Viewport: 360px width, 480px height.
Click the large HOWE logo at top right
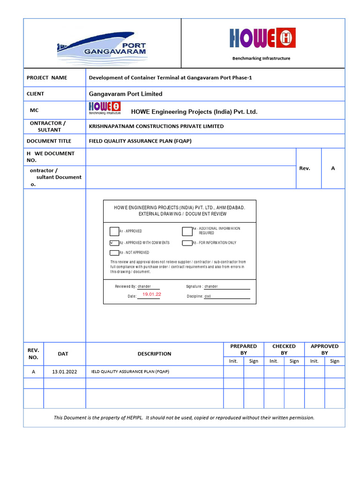point(262,38)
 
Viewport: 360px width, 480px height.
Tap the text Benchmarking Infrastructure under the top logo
point(262,59)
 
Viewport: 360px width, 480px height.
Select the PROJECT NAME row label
point(47,78)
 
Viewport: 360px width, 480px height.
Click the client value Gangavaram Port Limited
point(126,94)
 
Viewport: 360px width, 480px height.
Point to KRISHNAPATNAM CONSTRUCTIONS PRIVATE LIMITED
point(156,127)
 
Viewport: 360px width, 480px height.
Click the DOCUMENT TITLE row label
point(49,141)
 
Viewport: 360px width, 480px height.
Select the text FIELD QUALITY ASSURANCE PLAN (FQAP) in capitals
point(140,141)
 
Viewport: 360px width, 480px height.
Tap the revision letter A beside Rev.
point(333,168)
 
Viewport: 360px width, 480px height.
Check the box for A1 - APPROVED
point(114,231)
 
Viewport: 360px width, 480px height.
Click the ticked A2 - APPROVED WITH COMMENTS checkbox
point(114,243)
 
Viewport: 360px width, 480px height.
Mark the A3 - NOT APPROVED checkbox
point(114,253)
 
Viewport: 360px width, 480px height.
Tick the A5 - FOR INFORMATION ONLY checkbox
point(187,243)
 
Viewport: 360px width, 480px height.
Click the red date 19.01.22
point(152,294)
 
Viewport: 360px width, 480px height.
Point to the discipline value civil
point(208,296)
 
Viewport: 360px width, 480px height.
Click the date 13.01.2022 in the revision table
point(64,372)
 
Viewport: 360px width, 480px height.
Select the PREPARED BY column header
point(243,349)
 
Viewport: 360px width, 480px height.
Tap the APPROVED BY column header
point(324,349)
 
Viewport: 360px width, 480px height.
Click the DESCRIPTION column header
point(154,354)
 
